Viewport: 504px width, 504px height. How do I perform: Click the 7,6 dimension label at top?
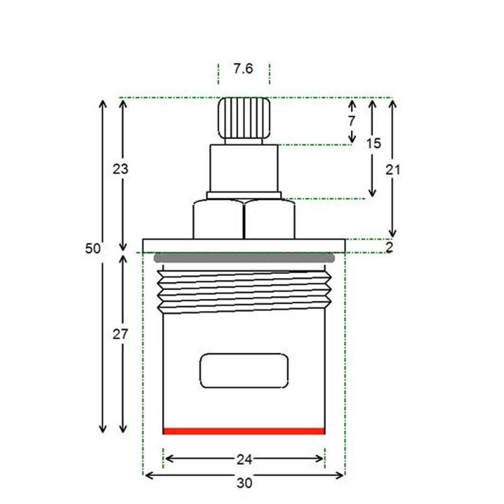pyautogui.click(x=243, y=69)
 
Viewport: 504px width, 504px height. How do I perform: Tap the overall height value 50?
pyautogui.click(x=93, y=248)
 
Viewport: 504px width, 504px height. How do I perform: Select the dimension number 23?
pyautogui.click(x=120, y=169)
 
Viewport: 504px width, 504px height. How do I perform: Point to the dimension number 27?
pyautogui.click(x=120, y=335)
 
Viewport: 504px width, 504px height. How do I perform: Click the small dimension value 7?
pyautogui.click(x=352, y=121)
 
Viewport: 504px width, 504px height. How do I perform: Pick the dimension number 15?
pyautogui.click(x=373, y=143)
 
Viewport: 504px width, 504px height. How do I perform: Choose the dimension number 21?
pyautogui.click(x=393, y=170)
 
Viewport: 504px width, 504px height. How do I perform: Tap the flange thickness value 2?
pyautogui.click(x=389, y=247)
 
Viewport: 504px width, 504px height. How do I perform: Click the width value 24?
pyautogui.click(x=244, y=460)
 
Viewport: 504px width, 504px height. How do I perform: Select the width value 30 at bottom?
pyautogui.click(x=244, y=483)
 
